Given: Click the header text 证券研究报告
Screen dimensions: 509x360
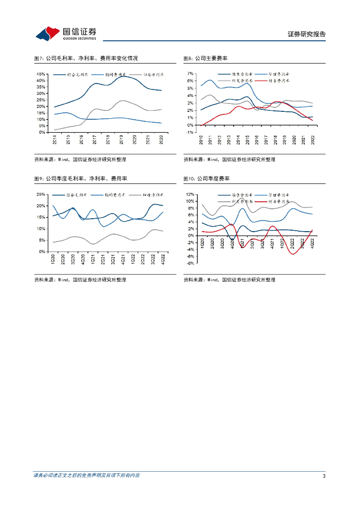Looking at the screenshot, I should click(307, 34).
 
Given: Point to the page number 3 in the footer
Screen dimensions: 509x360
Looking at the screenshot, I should click(324, 476).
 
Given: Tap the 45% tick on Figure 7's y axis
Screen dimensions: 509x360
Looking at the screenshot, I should click(41, 74).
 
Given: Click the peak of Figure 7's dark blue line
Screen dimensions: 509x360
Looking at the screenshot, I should click(124, 76).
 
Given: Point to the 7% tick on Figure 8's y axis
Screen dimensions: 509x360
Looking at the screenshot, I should click(190, 74).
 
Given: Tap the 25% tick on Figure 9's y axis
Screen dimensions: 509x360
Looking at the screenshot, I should click(41, 194).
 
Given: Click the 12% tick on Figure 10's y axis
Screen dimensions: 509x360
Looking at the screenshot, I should click(189, 194).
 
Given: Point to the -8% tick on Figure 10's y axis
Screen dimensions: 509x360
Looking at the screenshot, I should click(189, 263).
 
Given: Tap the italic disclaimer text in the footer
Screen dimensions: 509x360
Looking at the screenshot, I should click(87, 476).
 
